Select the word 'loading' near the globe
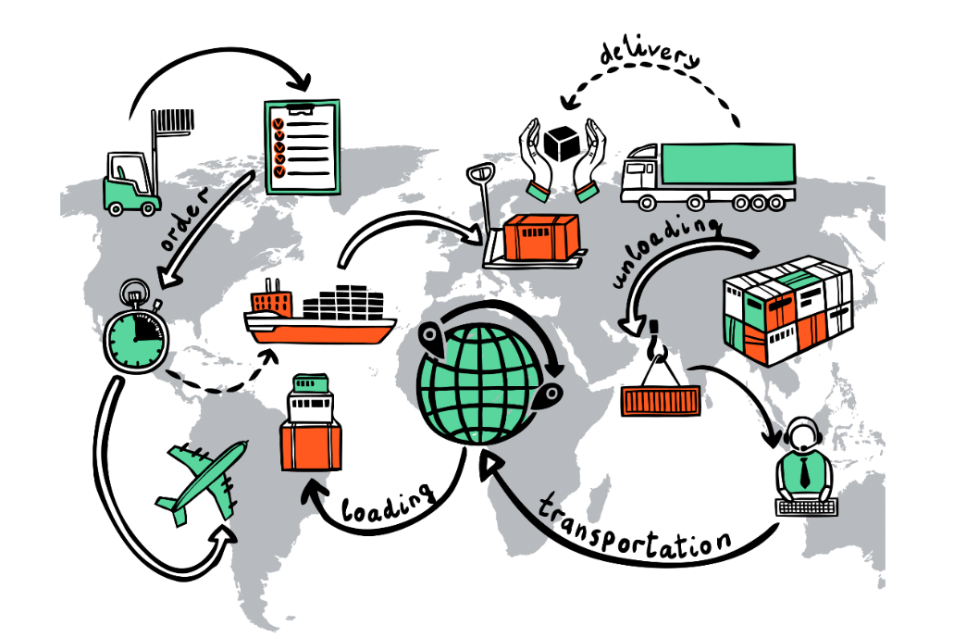pyautogui.click(x=388, y=504)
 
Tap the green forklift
pyautogui.click(x=130, y=185)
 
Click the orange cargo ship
pyautogui.click(x=319, y=319)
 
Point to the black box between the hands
pyautogui.click(x=561, y=143)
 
